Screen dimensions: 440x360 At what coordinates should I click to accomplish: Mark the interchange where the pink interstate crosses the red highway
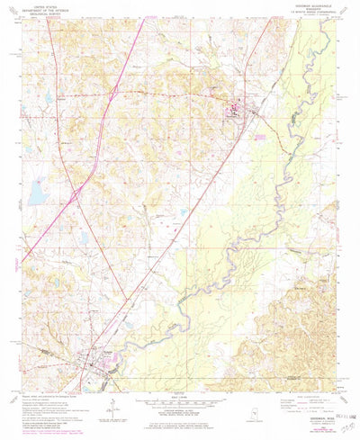(x=74, y=191)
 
